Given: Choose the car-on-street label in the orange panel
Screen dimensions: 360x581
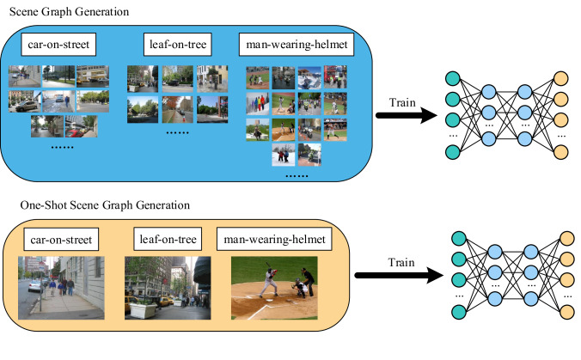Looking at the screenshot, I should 61,236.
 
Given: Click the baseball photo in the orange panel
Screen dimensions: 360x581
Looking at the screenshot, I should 274,289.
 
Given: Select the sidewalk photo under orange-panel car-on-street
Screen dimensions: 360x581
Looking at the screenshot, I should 61,289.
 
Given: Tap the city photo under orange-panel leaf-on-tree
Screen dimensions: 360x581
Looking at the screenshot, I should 167,289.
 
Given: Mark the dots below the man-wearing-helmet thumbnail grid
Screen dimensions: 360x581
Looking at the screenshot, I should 297,176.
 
